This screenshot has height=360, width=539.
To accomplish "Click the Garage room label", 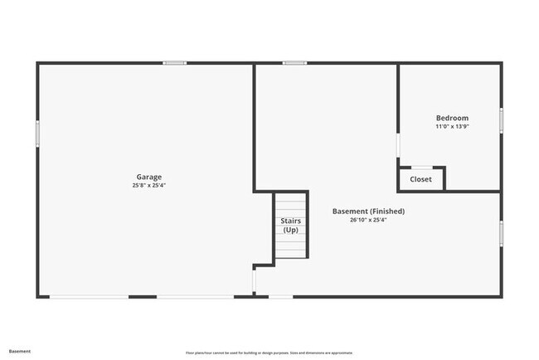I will click(149, 177).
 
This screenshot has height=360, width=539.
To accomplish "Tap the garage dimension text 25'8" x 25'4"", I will click(149, 185).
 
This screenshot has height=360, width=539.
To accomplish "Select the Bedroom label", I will click(452, 118).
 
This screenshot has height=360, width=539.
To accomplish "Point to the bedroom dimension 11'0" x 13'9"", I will click(452, 127).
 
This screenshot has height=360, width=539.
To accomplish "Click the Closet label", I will click(420, 179).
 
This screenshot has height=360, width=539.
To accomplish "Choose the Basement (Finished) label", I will click(368, 212).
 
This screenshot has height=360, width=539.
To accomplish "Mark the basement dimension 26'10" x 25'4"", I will click(368, 221).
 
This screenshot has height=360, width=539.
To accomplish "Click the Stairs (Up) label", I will click(290, 226).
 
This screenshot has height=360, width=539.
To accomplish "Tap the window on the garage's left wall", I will click(37, 134).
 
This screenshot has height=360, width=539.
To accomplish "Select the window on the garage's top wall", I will click(174, 63).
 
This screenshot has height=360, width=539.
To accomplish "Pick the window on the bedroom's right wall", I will click(501, 119).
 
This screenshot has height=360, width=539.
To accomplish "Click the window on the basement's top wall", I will click(294, 63).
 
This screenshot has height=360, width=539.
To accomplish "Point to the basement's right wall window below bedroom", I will click(501, 232).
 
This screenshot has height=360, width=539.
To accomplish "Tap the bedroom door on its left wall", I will click(399, 146).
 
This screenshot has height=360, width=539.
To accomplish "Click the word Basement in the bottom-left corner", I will click(20, 351).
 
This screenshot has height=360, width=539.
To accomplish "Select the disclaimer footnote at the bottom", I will click(269, 352).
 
